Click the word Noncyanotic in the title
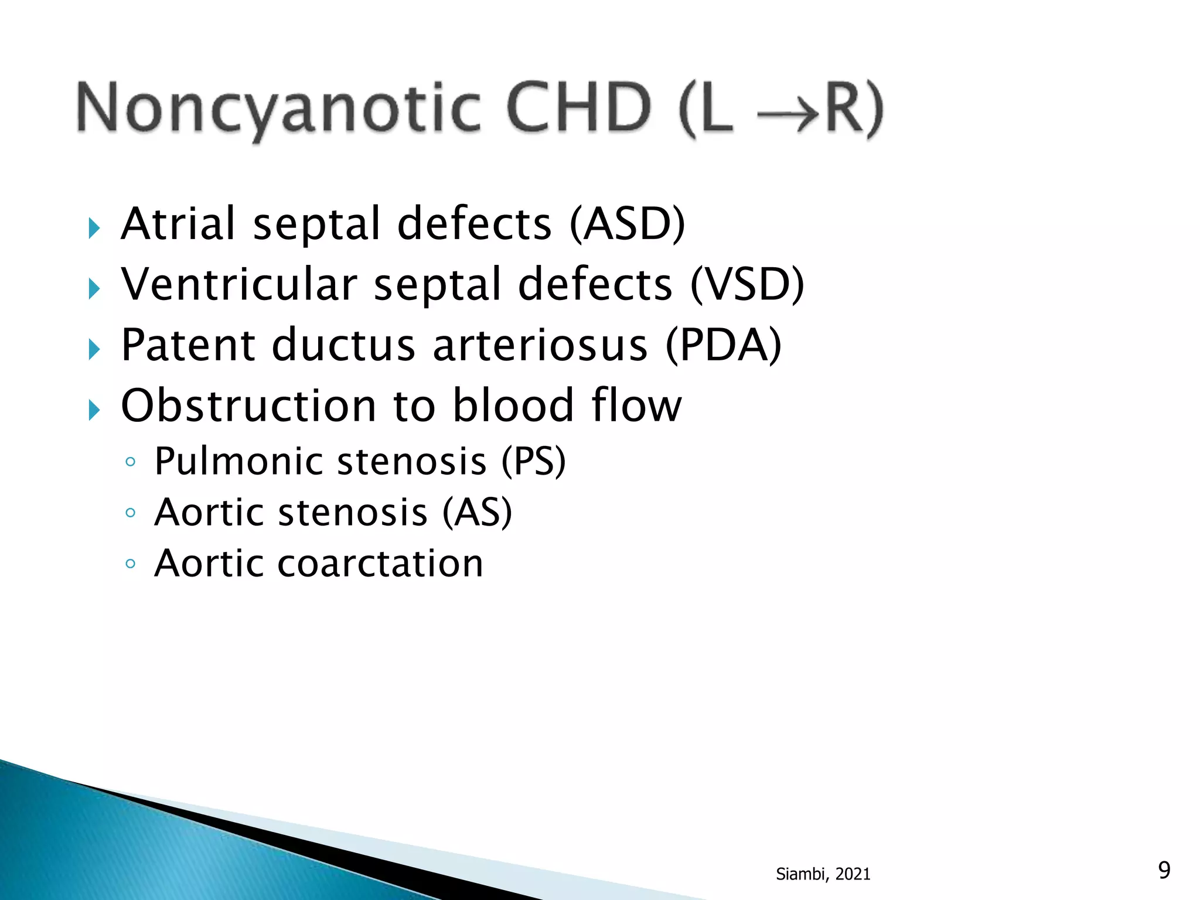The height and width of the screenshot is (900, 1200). (278, 109)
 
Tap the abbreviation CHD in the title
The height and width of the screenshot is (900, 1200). (578, 108)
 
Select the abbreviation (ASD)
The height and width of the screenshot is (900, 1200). (628, 224)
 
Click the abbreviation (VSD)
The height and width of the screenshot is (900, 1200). (748, 285)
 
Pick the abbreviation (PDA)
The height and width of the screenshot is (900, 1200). (724, 345)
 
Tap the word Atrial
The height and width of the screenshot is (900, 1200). (178, 224)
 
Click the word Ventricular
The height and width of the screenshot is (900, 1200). (239, 285)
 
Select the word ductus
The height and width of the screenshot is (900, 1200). (344, 345)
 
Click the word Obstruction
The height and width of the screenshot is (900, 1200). (248, 405)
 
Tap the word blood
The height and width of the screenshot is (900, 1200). (513, 405)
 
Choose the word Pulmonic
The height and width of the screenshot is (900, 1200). (238, 462)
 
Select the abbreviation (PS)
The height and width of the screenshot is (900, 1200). (534, 462)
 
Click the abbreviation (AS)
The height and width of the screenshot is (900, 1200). (477, 513)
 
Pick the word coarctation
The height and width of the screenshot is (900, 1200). (380, 564)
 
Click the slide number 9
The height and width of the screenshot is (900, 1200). (1164, 870)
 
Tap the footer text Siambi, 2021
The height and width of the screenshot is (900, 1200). (823, 874)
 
